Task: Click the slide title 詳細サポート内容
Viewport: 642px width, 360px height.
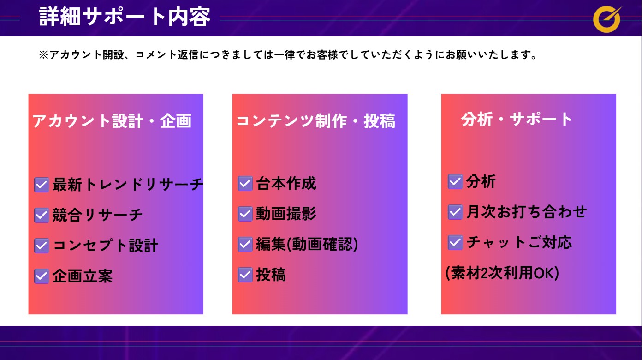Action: coord(125,17)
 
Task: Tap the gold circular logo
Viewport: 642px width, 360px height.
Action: coord(607,19)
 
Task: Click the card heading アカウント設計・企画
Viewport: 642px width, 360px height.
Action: coord(112,120)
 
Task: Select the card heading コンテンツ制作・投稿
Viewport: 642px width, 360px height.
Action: coord(315,121)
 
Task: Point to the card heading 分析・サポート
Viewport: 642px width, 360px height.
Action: coord(517,119)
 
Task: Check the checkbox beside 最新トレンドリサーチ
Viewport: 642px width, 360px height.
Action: coord(41,185)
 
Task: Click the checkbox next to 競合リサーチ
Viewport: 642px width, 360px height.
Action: coord(41,215)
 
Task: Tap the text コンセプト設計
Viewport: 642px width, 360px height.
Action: coord(106,246)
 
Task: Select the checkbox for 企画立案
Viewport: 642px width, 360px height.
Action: coord(41,276)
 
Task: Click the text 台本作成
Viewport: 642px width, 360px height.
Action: coord(286,183)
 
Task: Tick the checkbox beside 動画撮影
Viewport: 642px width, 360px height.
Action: coord(245,214)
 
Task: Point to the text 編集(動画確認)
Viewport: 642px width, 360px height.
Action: coord(307,245)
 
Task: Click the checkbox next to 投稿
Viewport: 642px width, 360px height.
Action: coord(245,275)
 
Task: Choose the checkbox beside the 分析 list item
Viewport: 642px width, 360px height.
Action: coord(455,181)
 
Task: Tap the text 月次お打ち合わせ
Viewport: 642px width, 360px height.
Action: coord(527,212)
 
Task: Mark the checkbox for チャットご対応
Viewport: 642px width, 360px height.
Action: coord(455,242)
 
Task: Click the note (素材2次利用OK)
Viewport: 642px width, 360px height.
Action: coord(502,273)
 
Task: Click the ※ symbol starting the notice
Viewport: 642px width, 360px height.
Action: coord(43,54)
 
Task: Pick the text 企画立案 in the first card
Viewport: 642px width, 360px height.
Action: coord(83,276)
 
